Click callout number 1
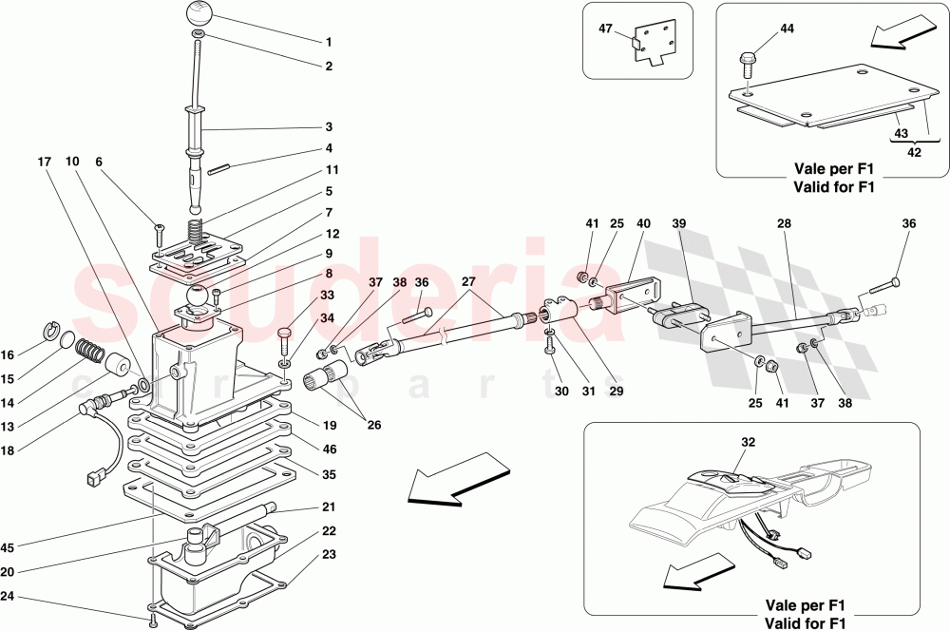click(x=329, y=42)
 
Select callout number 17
click(x=44, y=162)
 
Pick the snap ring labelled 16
click(x=54, y=331)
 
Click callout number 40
click(x=643, y=223)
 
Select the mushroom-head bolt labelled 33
click(x=284, y=334)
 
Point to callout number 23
click(x=329, y=553)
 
